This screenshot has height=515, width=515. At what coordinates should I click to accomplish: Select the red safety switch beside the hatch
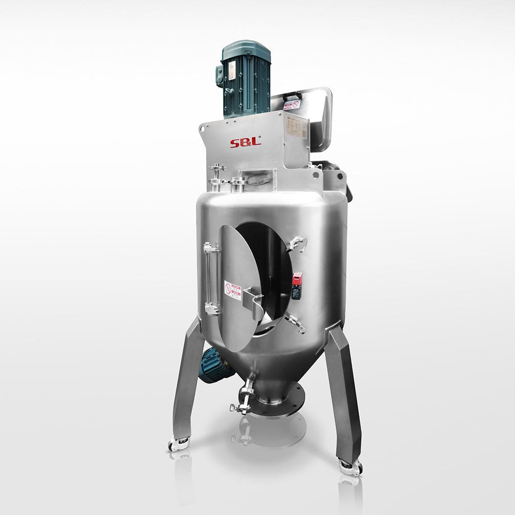coord(296,286)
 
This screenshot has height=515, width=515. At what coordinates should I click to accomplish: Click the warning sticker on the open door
coord(233,290)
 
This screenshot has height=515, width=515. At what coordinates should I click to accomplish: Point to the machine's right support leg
coord(344,390)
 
